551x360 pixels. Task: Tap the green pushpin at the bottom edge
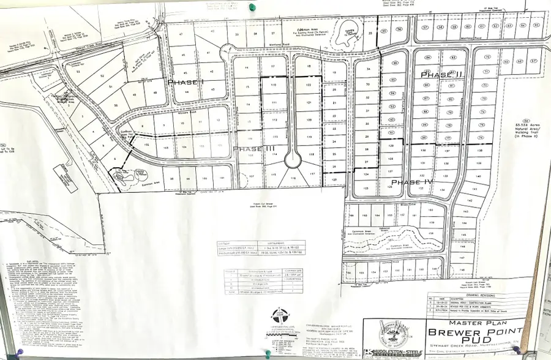pos(267,352)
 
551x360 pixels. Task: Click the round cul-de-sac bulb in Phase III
pos(292,160)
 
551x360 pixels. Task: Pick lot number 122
pos(309,84)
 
